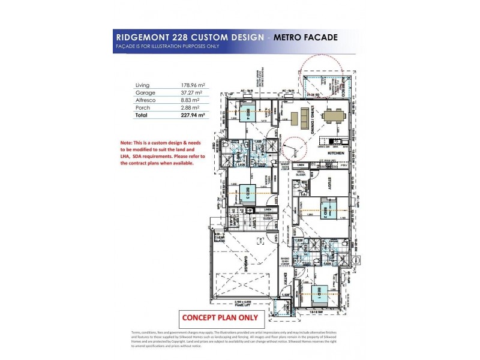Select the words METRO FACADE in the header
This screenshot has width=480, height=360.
point(305,38)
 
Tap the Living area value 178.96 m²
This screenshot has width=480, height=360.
point(193,86)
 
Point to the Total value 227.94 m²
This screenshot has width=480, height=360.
point(194,115)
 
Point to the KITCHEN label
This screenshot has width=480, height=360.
point(335,153)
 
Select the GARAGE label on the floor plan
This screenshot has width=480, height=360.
point(245,265)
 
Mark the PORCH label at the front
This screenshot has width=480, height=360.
point(289,308)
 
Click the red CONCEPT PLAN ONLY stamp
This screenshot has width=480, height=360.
point(220,318)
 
